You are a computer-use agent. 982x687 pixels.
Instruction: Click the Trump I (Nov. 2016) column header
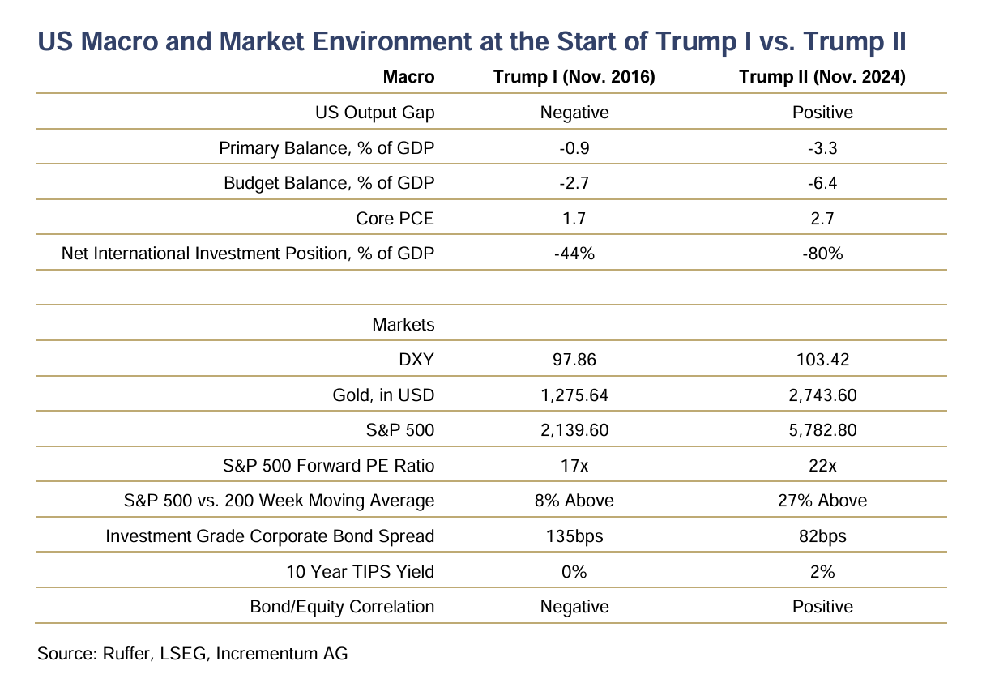574,77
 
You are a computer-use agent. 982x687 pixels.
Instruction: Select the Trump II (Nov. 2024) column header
822,77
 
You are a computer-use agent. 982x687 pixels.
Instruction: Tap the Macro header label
408,77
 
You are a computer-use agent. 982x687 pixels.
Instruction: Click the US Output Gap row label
375,113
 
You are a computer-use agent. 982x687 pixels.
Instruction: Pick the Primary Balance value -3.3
822,148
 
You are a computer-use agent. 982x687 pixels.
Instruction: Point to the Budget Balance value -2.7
574,183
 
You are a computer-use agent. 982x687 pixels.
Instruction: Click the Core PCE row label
395,218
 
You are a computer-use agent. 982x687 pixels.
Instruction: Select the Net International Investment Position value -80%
822,254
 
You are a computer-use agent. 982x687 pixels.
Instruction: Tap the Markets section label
403,325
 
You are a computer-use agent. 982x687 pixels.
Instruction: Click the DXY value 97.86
574,360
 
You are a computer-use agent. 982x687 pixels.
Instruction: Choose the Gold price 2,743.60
822,395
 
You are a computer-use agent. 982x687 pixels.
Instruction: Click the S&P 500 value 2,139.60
574,430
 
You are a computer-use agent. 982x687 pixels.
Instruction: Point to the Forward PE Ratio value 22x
822,466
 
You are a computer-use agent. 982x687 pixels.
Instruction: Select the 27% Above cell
822,501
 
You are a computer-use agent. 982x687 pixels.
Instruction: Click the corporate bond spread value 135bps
574,536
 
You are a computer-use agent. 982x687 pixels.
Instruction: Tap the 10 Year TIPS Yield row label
361,572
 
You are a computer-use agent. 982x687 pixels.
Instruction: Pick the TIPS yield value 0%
574,572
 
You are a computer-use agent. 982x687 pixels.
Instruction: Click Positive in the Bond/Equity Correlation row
822,607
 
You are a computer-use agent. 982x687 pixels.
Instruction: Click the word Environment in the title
392,41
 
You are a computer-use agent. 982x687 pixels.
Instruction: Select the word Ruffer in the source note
128,654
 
